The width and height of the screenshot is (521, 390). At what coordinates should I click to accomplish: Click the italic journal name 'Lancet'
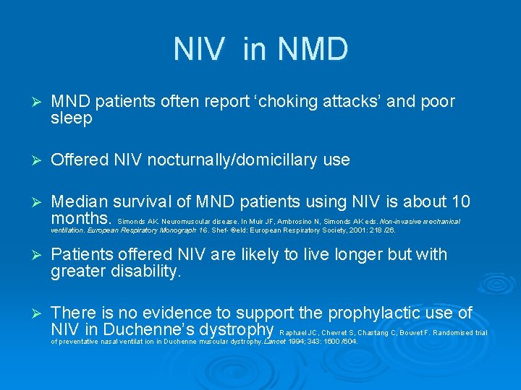[276, 341]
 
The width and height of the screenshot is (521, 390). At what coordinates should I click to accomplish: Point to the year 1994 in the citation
[299, 341]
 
